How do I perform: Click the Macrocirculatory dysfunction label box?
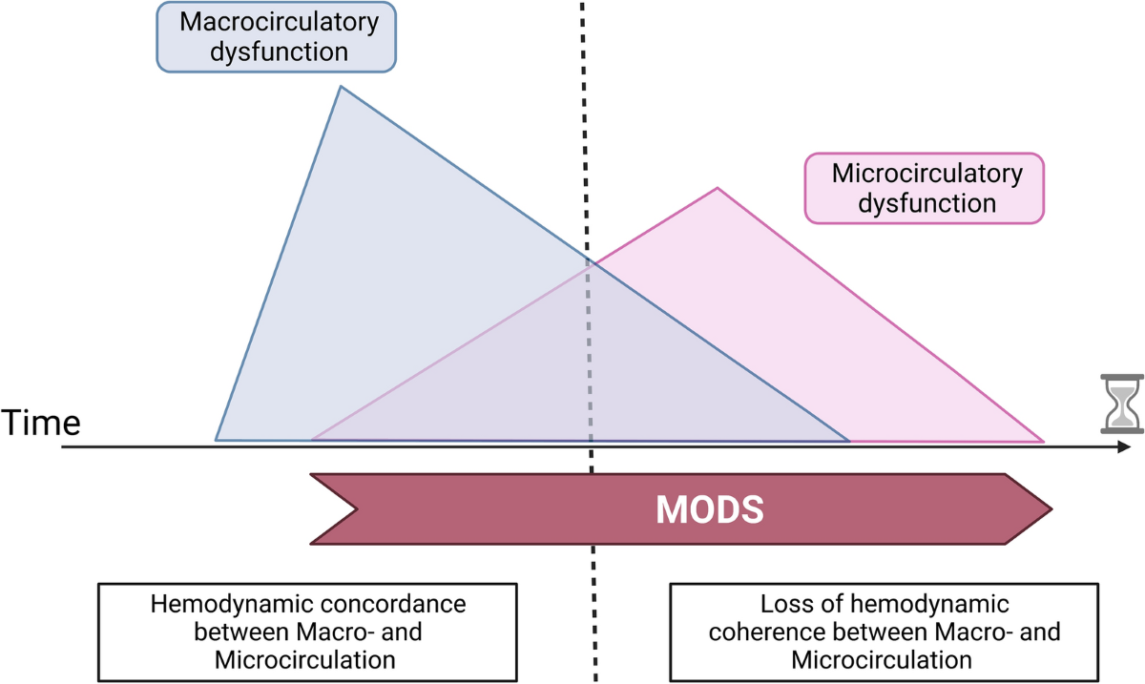(276, 36)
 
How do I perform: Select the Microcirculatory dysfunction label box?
(925, 188)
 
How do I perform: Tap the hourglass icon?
(1121, 404)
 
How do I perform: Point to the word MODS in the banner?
(709, 509)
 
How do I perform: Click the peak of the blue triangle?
(341, 87)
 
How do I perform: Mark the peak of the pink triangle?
(718, 188)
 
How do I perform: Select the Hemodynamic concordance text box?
(308, 632)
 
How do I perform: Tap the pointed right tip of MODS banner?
(1051, 508)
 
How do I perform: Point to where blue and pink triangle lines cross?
(592, 262)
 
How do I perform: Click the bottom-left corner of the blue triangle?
(217, 440)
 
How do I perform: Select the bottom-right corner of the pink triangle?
(1043, 442)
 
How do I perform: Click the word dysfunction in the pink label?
(926, 202)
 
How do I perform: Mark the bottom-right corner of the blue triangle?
(848, 441)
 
